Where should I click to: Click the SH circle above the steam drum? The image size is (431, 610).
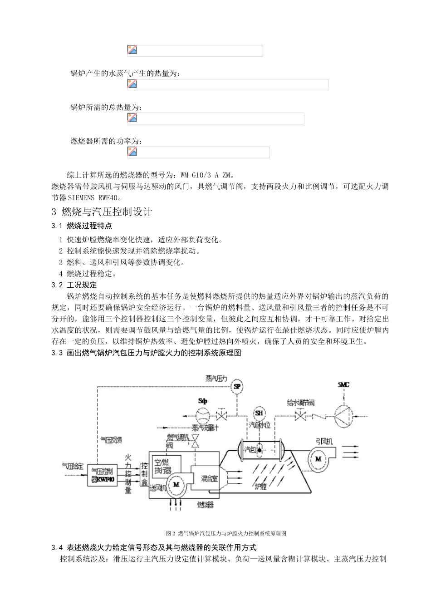[259, 413]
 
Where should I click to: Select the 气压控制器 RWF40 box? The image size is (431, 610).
[103, 475]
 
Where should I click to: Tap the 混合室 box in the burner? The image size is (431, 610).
[205, 478]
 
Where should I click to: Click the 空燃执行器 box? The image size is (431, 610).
[166, 465]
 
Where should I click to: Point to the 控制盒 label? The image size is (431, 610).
[144, 475]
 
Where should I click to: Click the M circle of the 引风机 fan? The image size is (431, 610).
[318, 459]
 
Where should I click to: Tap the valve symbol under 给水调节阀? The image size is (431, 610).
[300, 415]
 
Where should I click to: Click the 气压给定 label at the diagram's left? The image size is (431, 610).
[72, 466]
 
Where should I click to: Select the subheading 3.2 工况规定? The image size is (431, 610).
[74, 285]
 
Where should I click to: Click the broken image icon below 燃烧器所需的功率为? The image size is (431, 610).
[132, 152]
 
